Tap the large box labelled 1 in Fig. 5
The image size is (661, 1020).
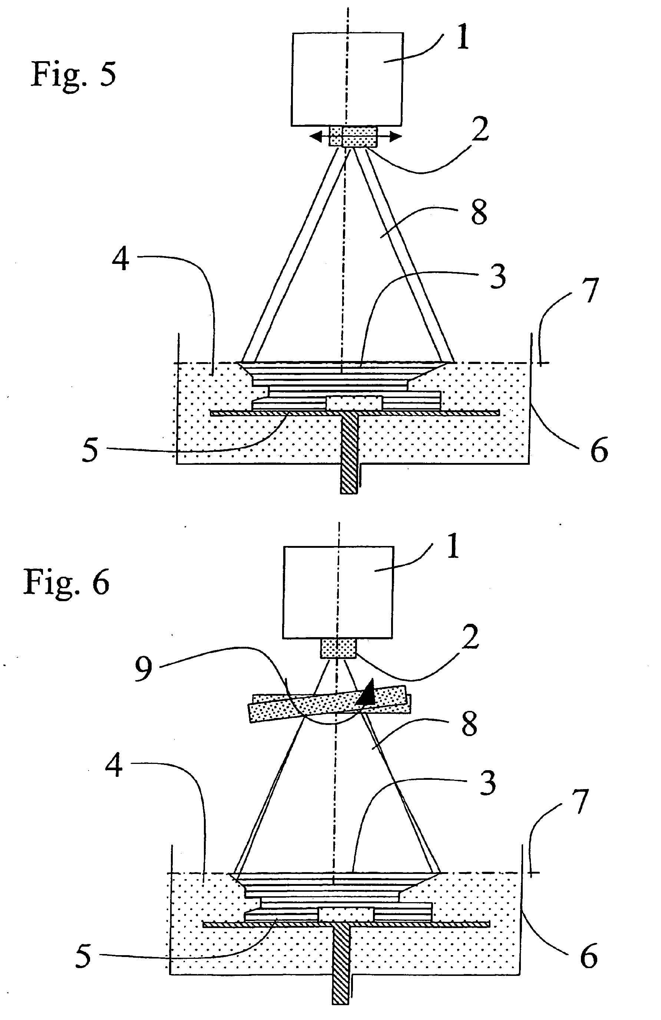pyautogui.click(x=347, y=79)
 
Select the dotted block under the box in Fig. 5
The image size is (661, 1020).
pyautogui.click(x=353, y=136)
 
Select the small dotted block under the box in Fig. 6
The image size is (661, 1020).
pyautogui.click(x=338, y=648)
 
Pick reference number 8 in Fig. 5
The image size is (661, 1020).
pyautogui.click(x=479, y=213)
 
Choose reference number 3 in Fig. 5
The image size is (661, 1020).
pyautogui.click(x=497, y=277)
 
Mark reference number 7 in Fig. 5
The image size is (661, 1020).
pyautogui.click(x=591, y=291)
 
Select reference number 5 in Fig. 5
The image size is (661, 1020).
pyautogui.click(x=90, y=451)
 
